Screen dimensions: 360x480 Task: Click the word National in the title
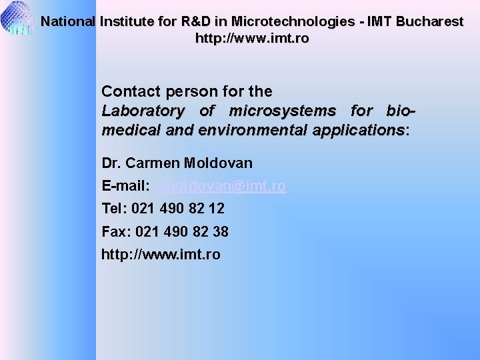(x=67, y=21)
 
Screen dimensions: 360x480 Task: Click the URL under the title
(x=252, y=39)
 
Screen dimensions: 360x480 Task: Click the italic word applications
(x=357, y=130)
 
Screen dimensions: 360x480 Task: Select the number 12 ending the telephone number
(x=216, y=209)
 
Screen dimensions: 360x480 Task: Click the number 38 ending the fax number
(x=220, y=232)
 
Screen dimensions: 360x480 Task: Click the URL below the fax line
(x=161, y=255)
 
